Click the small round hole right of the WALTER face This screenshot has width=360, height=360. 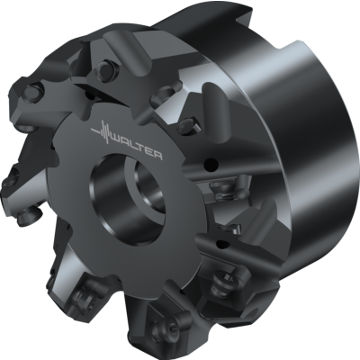pos(210,166)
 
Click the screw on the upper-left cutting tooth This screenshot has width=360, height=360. pos(32,92)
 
